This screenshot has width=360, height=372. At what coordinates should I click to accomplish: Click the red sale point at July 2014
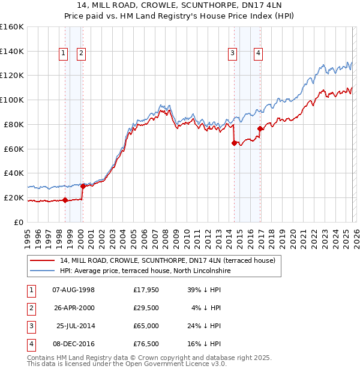(233, 143)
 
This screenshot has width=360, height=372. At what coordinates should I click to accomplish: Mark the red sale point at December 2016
(259, 128)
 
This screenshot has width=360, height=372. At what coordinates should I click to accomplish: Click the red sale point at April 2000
(83, 186)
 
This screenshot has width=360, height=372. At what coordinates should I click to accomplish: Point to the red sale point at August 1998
(65, 200)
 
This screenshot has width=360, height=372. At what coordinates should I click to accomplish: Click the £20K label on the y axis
(13, 197)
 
